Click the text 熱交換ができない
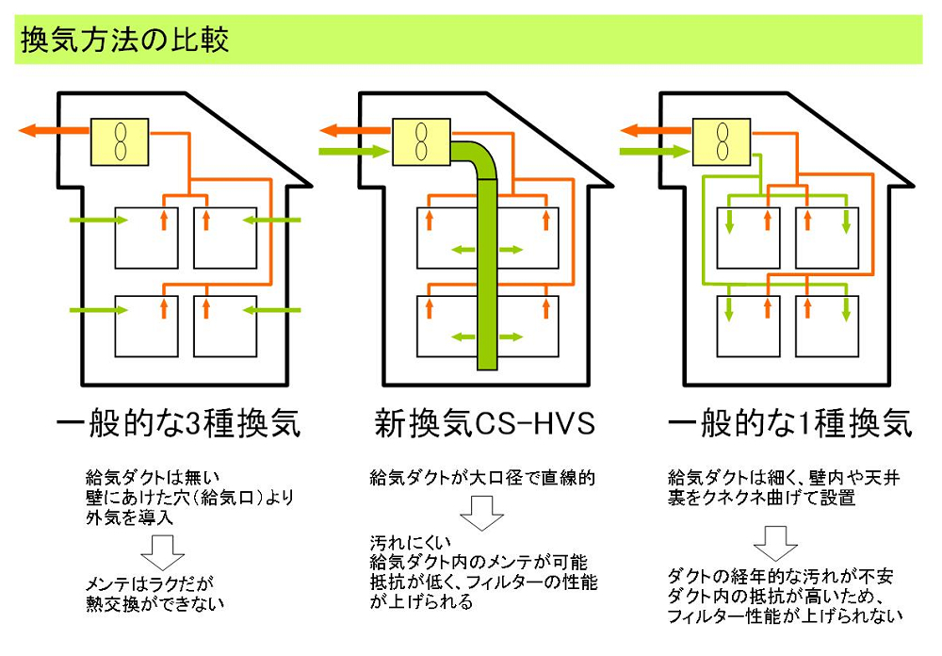tap(151, 602)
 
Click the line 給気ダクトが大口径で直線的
tap(481, 478)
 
